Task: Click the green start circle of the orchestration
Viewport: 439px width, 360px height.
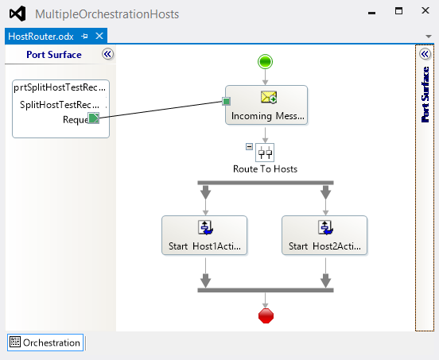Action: coord(265,61)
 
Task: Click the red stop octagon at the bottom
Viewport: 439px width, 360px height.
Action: coord(266,315)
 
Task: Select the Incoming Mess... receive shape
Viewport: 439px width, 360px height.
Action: coord(266,105)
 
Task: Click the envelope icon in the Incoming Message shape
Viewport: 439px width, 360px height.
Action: coord(269,97)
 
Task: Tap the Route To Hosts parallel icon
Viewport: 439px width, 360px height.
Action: coord(265,153)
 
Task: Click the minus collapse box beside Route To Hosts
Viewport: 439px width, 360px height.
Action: coord(249,146)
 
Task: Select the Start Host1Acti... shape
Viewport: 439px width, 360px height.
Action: coord(204,235)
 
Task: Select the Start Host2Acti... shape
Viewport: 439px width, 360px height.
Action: coord(324,235)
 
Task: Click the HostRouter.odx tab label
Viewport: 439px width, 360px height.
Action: coord(41,37)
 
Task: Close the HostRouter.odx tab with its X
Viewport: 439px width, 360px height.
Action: coord(99,36)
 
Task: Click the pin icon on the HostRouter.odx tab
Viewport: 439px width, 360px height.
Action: coord(84,37)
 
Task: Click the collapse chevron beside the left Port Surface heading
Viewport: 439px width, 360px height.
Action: coord(108,54)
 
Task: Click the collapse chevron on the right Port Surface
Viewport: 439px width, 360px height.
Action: coord(425,54)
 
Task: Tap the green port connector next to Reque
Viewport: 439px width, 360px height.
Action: coord(94,118)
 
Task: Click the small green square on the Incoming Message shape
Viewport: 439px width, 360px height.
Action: coord(226,101)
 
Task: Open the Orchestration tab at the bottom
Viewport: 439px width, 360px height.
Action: coord(45,343)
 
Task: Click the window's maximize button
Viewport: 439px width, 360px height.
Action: coord(398,11)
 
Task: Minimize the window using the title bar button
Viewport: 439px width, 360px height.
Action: coord(372,13)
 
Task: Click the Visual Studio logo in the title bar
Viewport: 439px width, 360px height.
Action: coord(17,14)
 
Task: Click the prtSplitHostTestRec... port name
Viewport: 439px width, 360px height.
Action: coord(60,87)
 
